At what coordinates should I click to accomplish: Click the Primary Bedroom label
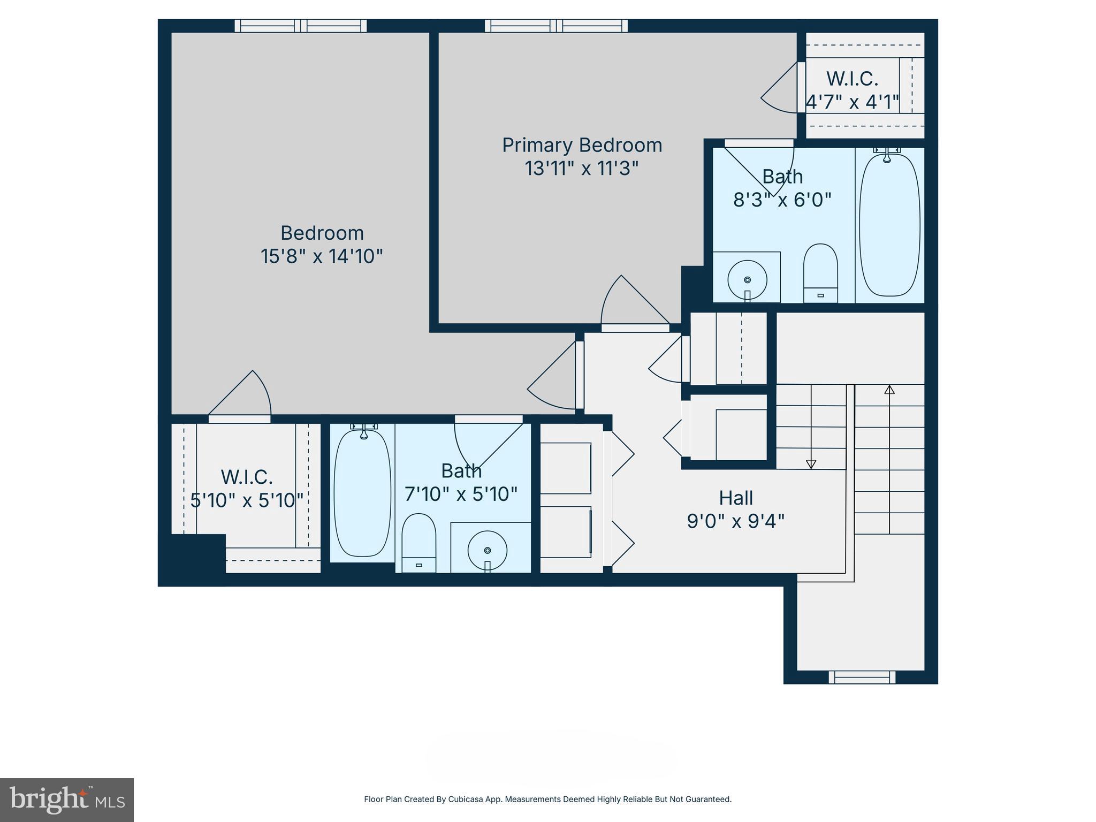coord(582,145)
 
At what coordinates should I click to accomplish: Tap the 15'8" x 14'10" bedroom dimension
coord(322,256)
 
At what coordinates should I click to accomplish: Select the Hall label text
coord(736,498)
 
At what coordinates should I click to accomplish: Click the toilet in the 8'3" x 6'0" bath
coord(820,272)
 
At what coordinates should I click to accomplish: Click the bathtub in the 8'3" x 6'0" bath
coord(889,225)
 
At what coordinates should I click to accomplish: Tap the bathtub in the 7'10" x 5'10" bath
coord(362,493)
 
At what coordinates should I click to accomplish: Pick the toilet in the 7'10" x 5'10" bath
coord(418,542)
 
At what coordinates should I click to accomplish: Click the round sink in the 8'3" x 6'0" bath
coord(747,279)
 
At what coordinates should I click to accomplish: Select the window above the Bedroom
coord(301,26)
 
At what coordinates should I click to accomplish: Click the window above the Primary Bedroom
coord(556,26)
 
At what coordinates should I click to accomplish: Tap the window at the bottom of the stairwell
coord(862,678)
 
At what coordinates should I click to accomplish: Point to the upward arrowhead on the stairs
coord(889,390)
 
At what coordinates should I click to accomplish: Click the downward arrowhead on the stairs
coord(811,464)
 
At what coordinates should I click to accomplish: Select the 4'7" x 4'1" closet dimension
coord(852,102)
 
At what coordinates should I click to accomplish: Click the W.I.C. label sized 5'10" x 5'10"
coord(247,476)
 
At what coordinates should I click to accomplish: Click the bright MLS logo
coord(67,800)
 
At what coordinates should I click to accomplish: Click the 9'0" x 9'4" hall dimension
coord(736,521)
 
